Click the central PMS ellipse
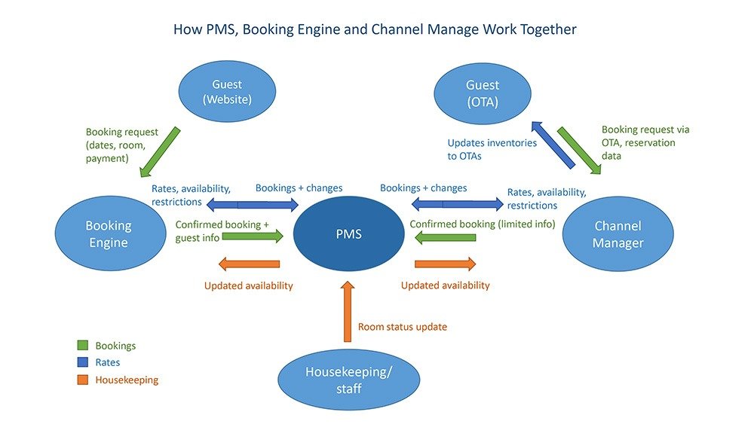[x=348, y=233]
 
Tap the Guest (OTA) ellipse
[x=483, y=93]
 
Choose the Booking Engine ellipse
[x=109, y=233]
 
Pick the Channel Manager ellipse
[x=618, y=233]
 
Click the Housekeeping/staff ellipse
[x=349, y=380]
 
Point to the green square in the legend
[x=83, y=346]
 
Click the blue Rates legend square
[x=83, y=363]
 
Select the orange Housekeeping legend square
[x=83, y=380]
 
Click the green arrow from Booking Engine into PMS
[x=253, y=236]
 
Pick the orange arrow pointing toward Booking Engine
[x=249, y=264]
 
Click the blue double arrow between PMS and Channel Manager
[x=453, y=203]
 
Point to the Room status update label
[x=402, y=327]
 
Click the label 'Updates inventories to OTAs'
[x=492, y=148]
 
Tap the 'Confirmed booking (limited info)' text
[x=482, y=224]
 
